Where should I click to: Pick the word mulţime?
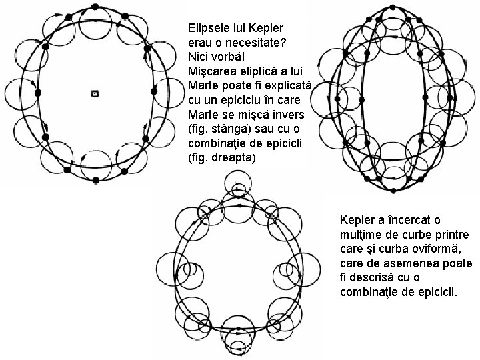tap(361, 234)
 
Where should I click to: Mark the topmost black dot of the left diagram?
tap(95, 7)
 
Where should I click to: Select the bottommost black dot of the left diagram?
tap(95, 181)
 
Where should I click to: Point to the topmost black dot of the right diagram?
tap(392, 7)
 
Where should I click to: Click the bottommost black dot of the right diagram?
tap(392, 191)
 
